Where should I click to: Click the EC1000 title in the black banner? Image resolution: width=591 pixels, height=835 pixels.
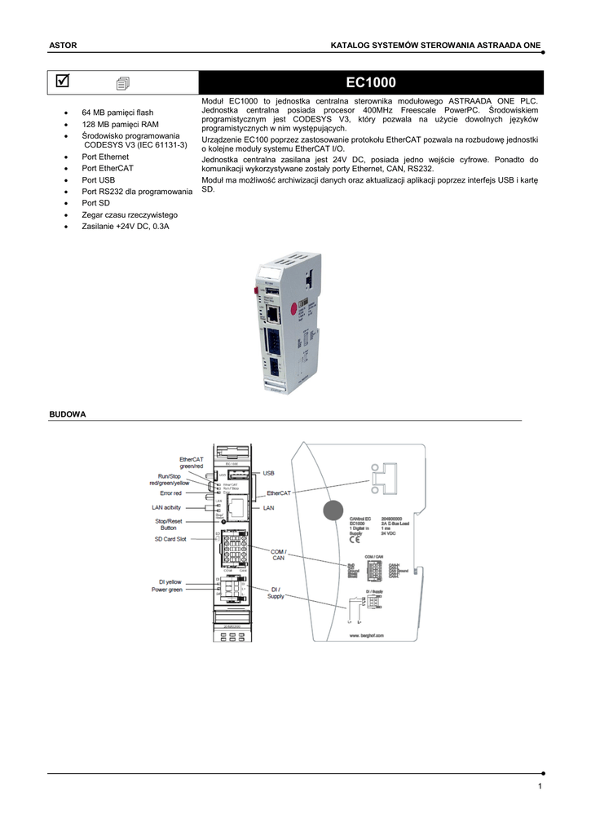371,82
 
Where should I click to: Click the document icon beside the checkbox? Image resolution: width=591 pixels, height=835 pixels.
122,82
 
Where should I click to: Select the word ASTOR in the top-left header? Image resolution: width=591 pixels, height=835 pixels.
63,46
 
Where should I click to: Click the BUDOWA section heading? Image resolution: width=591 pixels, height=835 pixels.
68,414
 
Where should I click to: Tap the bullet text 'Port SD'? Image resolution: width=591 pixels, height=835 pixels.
95,202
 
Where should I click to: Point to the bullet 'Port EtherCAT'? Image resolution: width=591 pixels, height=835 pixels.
107,168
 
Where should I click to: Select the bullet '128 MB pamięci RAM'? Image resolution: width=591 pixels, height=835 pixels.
120,124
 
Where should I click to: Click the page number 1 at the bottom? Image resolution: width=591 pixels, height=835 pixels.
540,786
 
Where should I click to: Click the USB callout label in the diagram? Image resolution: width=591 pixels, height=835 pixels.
269,473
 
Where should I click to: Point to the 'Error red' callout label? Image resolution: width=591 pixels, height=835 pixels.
171,493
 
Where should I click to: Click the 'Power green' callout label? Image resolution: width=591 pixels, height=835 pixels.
166,590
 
